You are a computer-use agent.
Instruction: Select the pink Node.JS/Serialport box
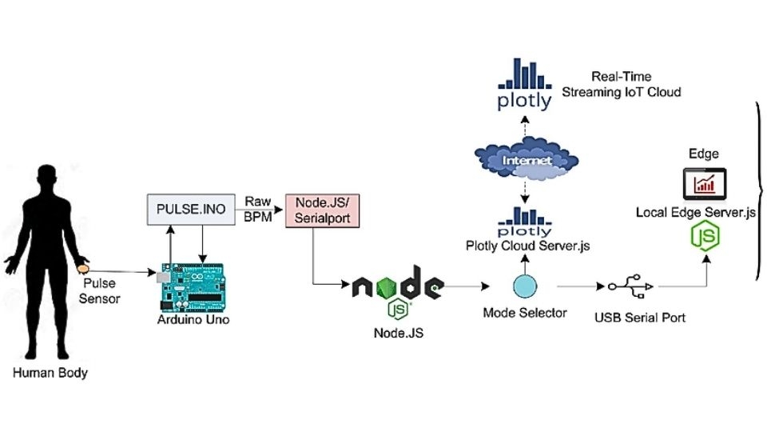pyautogui.click(x=317, y=210)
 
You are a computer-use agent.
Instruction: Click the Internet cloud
pyautogui.click(x=525, y=160)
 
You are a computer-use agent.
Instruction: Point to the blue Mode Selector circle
pyautogui.click(x=525, y=286)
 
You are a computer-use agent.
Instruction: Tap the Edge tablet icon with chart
pyautogui.click(x=703, y=185)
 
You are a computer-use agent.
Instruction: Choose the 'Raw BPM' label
pyautogui.click(x=258, y=210)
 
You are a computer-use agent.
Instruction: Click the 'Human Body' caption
pyautogui.click(x=50, y=373)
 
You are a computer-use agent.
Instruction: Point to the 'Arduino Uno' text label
pyautogui.click(x=193, y=320)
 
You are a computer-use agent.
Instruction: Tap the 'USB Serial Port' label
pyautogui.click(x=639, y=318)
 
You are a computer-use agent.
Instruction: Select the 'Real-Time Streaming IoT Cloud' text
pyautogui.click(x=622, y=84)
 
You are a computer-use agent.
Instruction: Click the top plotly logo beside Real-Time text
pyautogui.click(x=524, y=84)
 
